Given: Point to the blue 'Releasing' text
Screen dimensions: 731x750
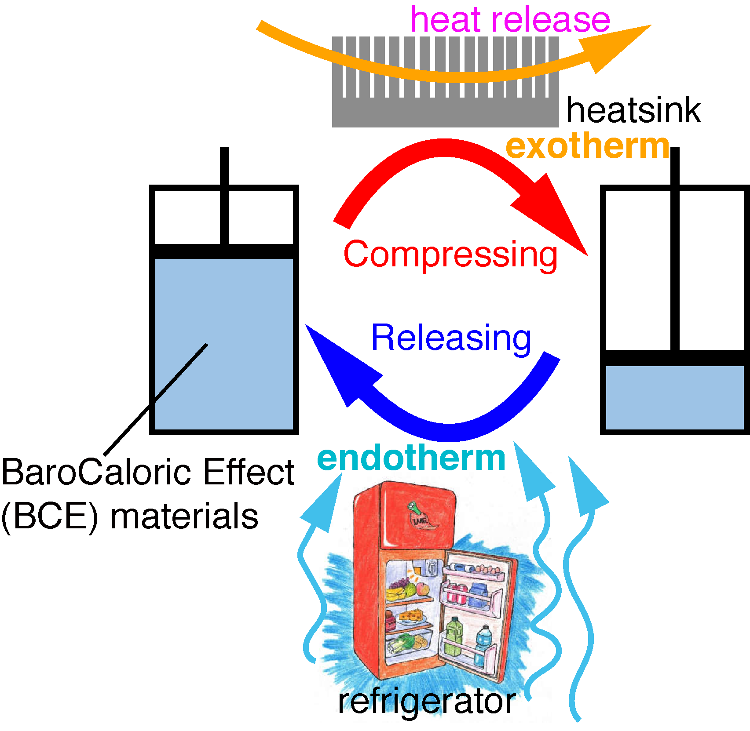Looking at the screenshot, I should click(x=451, y=338).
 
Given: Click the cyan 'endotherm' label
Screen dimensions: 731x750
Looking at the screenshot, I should click(x=411, y=458).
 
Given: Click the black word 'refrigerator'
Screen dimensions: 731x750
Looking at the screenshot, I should click(x=427, y=702).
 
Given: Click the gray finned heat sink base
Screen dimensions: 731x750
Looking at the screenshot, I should click(x=445, y=112).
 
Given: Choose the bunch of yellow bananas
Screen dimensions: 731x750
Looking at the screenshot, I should click(x=395, y=594).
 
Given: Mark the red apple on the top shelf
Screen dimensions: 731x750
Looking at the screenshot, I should click(x=422, y=589).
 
